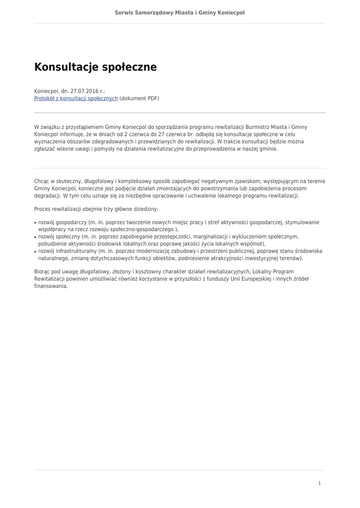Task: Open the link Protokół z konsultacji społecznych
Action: (x=76, y=99)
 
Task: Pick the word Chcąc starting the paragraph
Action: (x=43, y=182)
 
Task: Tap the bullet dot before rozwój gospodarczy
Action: (x=35, y=223)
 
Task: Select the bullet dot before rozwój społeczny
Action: (x=35, y=238)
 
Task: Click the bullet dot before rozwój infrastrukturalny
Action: (x=35, y=252)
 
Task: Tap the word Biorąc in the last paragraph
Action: (x=42, y=272)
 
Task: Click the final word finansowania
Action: (x=51, y=286)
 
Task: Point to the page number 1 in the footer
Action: (x=319, y=483)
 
